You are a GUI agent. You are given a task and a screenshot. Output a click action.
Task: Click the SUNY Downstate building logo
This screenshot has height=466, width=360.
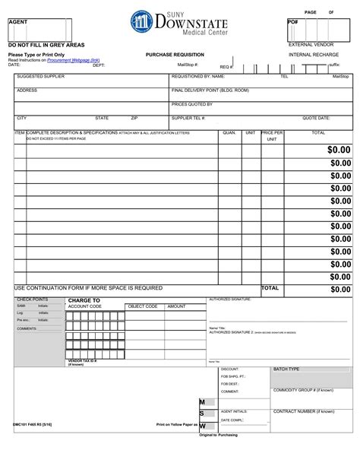tap(142, 22)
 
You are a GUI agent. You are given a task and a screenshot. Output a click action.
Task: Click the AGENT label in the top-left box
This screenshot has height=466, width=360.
tap(17, 22)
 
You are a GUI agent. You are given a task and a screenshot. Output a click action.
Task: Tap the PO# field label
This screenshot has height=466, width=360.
tap(292, 22)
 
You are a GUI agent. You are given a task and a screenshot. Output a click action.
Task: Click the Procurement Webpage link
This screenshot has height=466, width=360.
tap(73, 60)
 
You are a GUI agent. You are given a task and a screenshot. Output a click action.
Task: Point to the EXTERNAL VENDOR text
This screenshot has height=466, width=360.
tap(311, 45)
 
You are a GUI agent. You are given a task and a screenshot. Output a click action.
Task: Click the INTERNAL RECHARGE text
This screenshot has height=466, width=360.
tap(314, 55)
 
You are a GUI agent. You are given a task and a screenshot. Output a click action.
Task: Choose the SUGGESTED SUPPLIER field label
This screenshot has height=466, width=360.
tap(40, 77)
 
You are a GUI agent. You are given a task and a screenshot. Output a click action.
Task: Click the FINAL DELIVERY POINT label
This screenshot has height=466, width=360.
tap(210, 90)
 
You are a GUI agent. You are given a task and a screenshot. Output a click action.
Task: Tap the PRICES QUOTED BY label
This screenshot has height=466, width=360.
tap(191, 104)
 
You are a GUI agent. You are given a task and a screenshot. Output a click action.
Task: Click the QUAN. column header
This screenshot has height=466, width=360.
tap(229, 133)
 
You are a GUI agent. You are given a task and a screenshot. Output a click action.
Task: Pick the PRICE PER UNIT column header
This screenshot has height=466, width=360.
tap(272, 136)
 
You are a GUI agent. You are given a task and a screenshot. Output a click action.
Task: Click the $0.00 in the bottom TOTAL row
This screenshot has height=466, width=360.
tap(340, 290)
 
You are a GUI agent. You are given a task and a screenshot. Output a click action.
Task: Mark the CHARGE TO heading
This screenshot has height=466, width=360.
tap(84, 300)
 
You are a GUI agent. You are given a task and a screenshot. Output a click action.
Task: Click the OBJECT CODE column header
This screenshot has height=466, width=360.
tap(142, 306)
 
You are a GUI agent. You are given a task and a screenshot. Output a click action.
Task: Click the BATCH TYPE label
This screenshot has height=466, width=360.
tap(286, 369)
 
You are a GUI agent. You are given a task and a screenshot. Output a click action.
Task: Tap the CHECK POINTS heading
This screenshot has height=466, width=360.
tap(32, 300)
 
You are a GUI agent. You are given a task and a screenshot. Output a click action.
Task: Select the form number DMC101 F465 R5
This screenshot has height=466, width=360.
tap(31, 424)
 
